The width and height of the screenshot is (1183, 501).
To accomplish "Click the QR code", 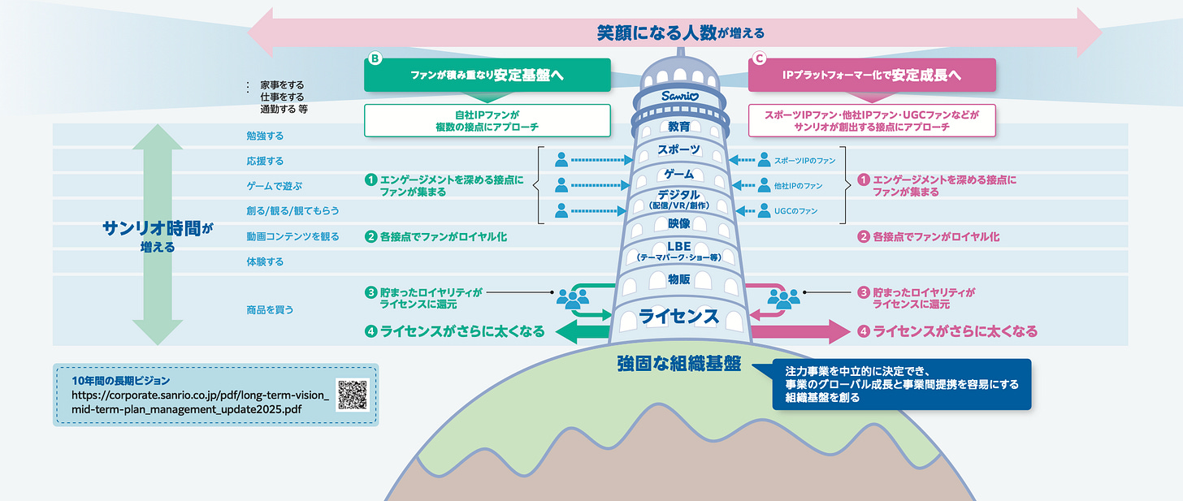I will tap(352, 395).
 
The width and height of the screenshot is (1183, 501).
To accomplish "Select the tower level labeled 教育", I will tap(679, 127).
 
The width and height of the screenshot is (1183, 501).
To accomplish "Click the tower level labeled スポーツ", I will tap(679, 150).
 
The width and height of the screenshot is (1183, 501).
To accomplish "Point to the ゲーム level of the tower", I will tap(679, 174).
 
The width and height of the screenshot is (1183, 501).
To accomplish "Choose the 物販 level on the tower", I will tap(679, 279).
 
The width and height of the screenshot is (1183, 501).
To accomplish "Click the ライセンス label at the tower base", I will tap(679, 317).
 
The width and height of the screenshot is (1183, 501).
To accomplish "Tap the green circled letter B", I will tap(375, 58).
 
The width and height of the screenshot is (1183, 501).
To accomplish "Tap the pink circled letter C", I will tap(759, 58).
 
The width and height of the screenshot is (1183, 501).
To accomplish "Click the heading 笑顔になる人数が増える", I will tap(679, 33).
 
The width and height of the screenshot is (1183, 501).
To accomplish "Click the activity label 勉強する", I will tap(265, 136).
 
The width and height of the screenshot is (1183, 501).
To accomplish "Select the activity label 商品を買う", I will tap(270, 309).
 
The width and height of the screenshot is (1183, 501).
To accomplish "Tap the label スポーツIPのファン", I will tap(804, 160).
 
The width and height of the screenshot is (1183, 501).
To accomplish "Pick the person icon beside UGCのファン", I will tap(764, 211).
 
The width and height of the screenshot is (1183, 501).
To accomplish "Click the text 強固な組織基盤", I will tap(679, 364).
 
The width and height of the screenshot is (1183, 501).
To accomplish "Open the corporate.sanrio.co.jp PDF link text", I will tap(200, 402).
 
